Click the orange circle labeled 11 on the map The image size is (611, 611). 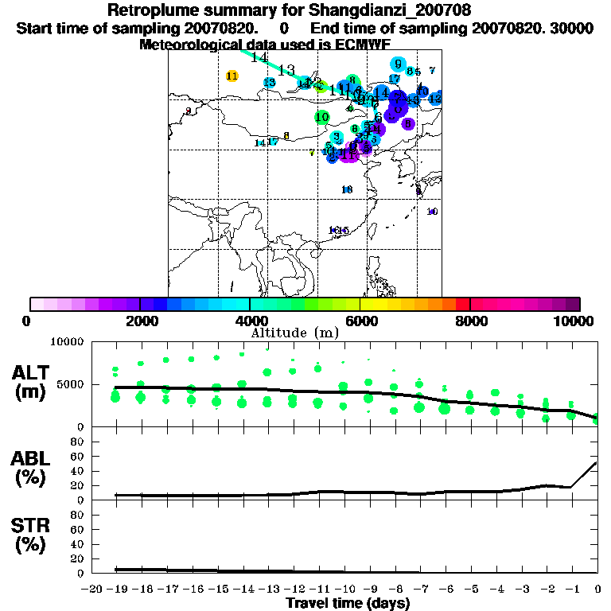[x=232, y=76]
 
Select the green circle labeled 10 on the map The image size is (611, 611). [x=321, y=117]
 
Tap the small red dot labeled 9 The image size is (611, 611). [x=188, y=111]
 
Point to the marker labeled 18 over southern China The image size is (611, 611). [x=346, y=189]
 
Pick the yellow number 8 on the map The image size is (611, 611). [x=286, y=136]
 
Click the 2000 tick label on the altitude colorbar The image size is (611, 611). [x=140, y=321]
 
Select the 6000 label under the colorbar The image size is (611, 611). [x=360, y=321]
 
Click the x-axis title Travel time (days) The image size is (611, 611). [x=347, y=603]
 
